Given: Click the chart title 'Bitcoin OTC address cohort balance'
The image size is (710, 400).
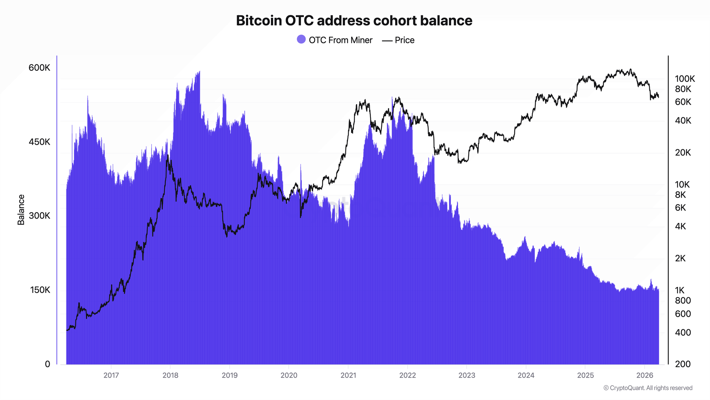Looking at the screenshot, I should click(x=354, y=21).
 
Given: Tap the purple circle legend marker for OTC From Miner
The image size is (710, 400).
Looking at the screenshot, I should click(x=301, y=39).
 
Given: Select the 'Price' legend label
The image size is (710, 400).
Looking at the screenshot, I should click(x=404, y=40).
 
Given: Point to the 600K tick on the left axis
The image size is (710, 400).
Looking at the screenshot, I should click(x=39, y=68).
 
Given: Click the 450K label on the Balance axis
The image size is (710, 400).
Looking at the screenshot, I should click(x=39, y=142).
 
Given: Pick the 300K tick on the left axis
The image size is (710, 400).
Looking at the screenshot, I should click(x=39, y=216).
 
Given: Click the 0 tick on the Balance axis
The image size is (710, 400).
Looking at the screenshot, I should click(x=48, y=364).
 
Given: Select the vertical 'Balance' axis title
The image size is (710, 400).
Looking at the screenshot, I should click(x=21, y=210).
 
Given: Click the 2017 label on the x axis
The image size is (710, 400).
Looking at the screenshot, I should click(x=111, y=375).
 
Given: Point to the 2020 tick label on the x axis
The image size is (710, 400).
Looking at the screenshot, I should click(x=289, y=375).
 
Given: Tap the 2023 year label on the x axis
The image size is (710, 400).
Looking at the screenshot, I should click(x=466, y=375).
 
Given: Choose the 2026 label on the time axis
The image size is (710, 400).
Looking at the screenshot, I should click(x=644, y=375).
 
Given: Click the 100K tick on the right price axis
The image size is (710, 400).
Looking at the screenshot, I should click(x=685, y=79).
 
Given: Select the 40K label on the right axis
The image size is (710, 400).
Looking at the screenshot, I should click(x=683, y=121).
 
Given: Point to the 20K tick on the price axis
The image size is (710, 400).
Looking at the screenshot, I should click(x=683, y=153).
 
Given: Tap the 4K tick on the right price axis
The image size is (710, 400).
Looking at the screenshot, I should click(x=681, y=226).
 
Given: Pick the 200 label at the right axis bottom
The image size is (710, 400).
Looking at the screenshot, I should click(x=683, y=364).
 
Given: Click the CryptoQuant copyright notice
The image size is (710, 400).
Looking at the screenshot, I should click(x=648, y=388).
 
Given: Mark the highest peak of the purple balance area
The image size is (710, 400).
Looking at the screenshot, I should click(x=200, y=71).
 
